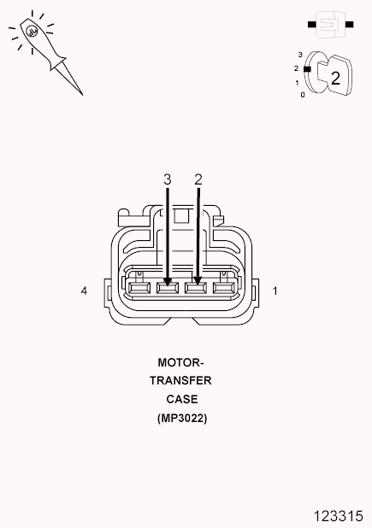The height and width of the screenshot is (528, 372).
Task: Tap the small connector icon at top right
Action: click(328, 26)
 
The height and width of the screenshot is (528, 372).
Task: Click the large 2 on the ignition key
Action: click(335, 78)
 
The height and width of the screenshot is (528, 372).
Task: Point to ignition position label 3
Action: click(300, 54)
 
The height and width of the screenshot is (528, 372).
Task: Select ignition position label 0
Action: click(302, 94)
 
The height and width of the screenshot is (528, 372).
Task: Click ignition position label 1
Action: click(297, 83)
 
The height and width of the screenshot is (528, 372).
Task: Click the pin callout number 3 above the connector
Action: click(168, 179)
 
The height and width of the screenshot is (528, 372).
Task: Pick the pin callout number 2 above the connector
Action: click(198, 179)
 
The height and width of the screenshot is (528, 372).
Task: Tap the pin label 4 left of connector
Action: click(84, 291)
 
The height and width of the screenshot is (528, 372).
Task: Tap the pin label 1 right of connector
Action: click(275, 291)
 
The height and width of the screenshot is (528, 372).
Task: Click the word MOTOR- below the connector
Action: click(180, 362)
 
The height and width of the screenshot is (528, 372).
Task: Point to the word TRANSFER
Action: click(180, 381)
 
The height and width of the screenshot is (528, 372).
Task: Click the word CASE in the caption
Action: click(181, 399)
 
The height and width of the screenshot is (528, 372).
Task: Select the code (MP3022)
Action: click(181, 418)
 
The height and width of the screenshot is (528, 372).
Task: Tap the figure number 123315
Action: click(339, 515)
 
